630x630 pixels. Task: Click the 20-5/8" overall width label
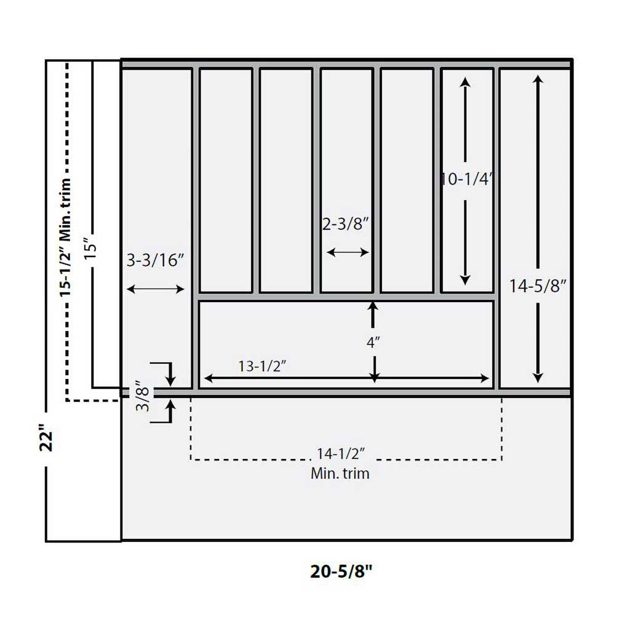tap(341, 572)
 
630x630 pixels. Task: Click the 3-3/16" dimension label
tap(156, 260)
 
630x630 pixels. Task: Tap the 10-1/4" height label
tap(467, 179)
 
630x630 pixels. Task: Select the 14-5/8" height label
tap(537, 286)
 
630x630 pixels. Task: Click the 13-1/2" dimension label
tap(263, 366)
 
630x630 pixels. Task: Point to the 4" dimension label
tap(372, 343)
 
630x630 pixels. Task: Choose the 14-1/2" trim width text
tap(341, 454)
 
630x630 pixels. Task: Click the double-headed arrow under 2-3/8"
tap(348, 252)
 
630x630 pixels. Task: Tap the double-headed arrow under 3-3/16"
tap(156, 289)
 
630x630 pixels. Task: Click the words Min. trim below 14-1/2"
tap(340, 473)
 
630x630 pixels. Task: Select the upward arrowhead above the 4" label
tap(372, 306)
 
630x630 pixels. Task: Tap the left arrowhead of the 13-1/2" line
tap(208, 378)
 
